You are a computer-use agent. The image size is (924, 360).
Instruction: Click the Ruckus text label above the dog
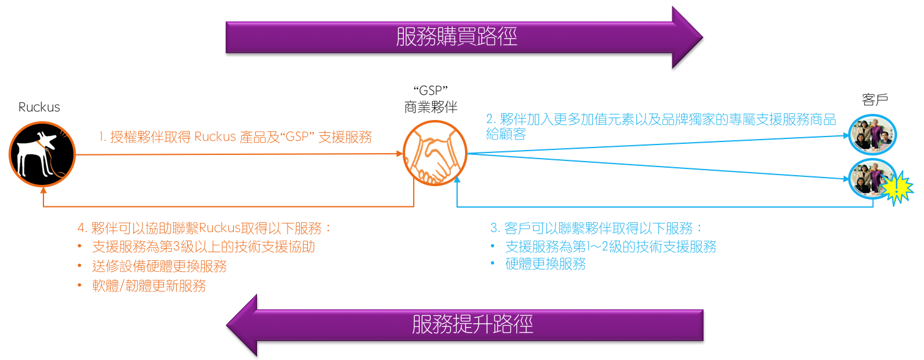coord(39,107)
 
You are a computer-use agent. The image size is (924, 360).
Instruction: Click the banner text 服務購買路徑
coord(456,37)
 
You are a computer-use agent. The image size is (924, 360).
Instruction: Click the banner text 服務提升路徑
coord(472,324)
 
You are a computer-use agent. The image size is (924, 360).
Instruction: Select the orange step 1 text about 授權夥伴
coord(236,137)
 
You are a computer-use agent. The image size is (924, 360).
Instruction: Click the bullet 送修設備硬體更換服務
coord(159,266)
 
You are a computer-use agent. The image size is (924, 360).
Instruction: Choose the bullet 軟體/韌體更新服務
coord(149,285)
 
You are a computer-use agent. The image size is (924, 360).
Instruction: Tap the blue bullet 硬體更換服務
coord(545,264)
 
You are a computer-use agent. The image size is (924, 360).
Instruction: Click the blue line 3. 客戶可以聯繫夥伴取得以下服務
coord(597,228)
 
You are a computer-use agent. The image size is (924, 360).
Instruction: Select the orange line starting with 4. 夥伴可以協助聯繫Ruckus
coord(204,228)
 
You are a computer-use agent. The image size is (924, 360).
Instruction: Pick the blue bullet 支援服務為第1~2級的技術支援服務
coord(610,247)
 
